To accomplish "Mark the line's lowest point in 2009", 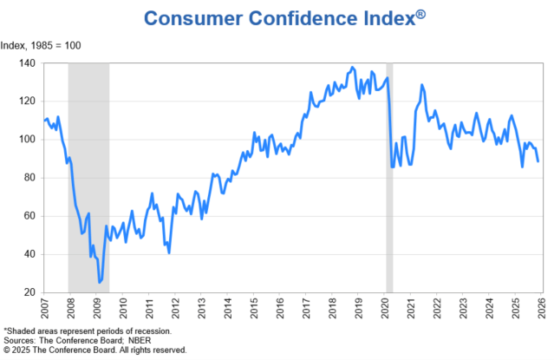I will click(100, 282).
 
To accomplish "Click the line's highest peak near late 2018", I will click(351, 67).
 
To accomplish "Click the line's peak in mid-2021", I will click(421, 85).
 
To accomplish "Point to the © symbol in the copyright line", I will click(7, 350).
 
